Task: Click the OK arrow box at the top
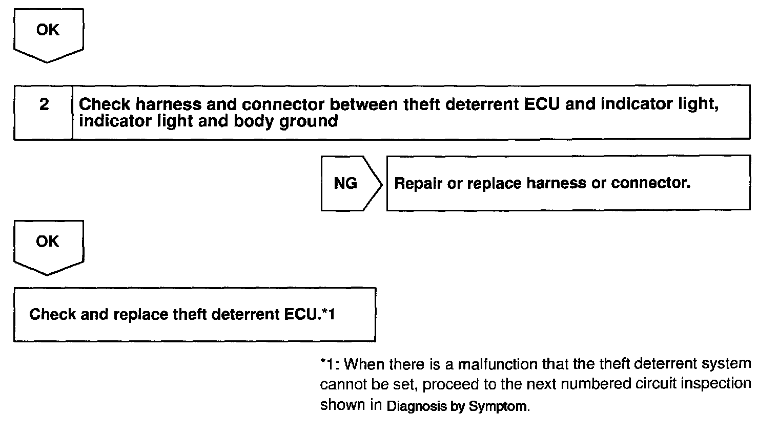(48, 35)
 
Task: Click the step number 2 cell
(43, 113)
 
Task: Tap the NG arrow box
(351, 183)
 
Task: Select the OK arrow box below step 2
(48, 247)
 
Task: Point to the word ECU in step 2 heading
(541, 104)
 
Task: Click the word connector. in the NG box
(651, 183)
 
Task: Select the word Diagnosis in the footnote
(416, 406)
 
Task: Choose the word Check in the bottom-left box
(52, 314)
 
